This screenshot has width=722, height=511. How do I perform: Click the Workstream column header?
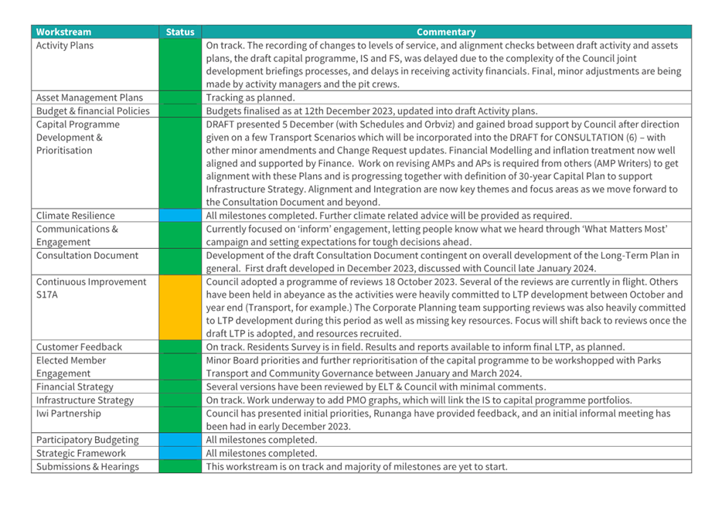coord(63,32)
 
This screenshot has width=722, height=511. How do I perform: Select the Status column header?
coord(180,32)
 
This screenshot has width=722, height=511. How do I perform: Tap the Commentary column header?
coord(446,32)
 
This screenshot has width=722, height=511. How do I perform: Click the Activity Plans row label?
coord(65,46)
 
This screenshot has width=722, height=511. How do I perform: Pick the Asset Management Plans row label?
coord(89,98)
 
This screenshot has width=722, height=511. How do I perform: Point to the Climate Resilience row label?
coord(75,216)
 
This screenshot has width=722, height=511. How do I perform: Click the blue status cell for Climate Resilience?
coord(180,216)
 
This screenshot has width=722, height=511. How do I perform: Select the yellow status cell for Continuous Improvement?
coord(180,308)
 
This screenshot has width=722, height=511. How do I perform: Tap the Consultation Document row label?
coord(87,255)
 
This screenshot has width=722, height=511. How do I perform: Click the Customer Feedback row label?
coord(79,347)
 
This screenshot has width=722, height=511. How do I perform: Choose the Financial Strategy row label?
coord(74,387)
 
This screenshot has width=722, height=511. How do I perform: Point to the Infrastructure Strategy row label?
coord(84,400)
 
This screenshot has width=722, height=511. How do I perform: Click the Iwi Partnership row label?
coord(68,413)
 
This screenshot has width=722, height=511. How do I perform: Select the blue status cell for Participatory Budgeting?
coord(180,440)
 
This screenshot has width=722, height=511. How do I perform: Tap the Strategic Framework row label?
coord(80,453)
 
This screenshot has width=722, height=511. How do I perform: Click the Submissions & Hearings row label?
coord(87,466)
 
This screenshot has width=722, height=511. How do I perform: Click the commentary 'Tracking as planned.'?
coord(250,98)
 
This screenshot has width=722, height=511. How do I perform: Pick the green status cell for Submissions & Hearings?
coord(180,466)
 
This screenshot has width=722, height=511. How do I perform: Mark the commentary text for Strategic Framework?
coord(261,453)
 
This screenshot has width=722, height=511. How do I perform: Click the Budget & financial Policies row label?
coord(93,111)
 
